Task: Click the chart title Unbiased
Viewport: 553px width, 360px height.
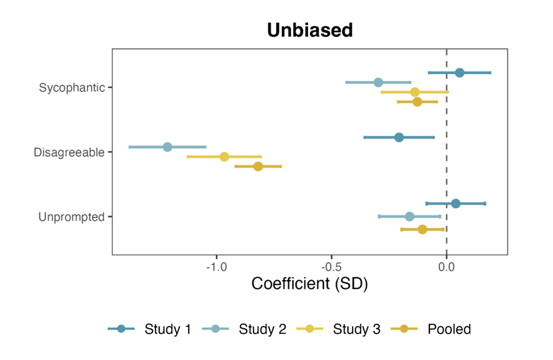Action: click(x=310, y=30)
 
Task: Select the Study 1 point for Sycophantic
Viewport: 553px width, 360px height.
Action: click(x=459, y=73)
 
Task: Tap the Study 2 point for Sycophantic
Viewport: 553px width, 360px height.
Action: click(x=378, y=82)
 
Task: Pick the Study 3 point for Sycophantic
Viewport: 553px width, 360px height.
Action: click(x=415, y=92)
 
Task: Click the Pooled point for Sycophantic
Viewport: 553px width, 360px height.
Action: click(x=417, y=102)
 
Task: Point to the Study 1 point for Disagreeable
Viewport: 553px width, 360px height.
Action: click(x=399, y=138)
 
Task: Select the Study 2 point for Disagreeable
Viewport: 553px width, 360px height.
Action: click(x=168, y=147)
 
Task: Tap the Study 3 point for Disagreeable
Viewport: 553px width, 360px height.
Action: click(x=224, y=157)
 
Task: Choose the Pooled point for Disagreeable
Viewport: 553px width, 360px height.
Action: click(x=258, y=166)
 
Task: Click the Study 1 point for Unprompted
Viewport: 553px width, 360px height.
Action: click(x=456, y=204)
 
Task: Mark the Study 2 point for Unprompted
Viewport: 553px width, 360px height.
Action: click(x=409, y=217)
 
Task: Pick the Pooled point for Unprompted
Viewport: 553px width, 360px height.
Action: click(x=422, y=229)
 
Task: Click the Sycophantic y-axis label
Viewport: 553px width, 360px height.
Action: click(x=72, y=87)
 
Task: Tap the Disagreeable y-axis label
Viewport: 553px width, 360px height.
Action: click(x=69, y=152)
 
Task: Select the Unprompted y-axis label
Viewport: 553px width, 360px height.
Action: click(x=71, y=217)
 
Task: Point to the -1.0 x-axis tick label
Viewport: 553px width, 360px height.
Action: click(x=216, y=267)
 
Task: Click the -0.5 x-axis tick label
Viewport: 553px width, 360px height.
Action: click(x=331, y=267)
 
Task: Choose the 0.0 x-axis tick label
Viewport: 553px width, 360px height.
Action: click(x=446, y=267)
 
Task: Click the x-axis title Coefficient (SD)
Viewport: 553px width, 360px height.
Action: click(x=310, y=284)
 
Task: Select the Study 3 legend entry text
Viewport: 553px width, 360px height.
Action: click(x=356, y=329)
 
